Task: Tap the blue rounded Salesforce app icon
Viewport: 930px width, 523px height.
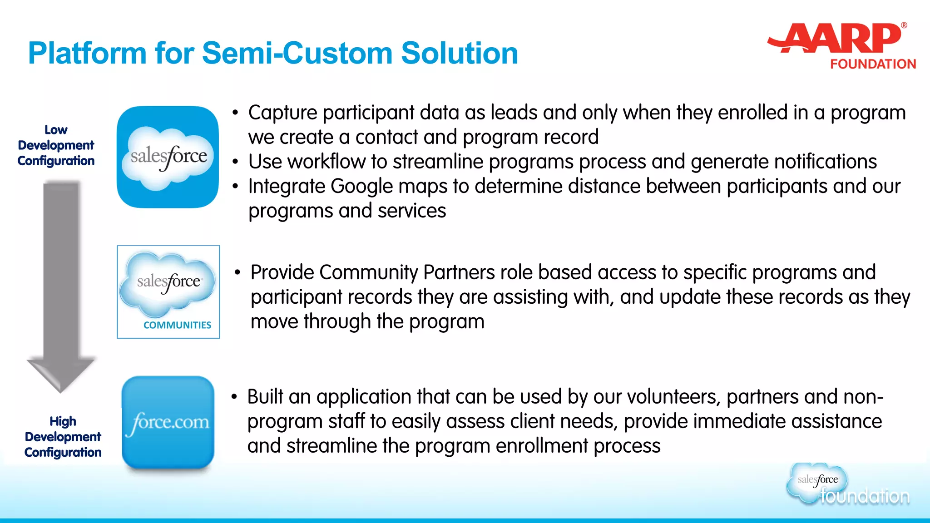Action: pos(168,157)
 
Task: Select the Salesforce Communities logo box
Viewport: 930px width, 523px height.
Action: pos(168,292)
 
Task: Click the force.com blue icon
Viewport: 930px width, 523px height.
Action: pos(168,422)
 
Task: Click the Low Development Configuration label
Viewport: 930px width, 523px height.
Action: pos(56,145)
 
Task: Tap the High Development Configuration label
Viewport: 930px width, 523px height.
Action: pos(63,437)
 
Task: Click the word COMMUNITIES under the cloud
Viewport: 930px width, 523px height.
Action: pos(177,325)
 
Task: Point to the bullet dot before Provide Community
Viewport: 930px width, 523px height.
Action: pos(237,272)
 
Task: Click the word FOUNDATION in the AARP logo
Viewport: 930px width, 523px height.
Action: pos(873,64)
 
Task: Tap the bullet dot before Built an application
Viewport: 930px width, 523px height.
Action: pos(234,397)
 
